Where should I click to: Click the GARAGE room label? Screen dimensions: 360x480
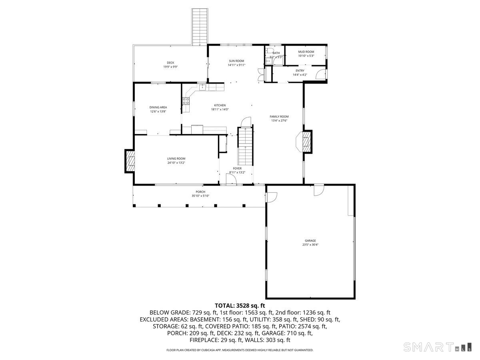point(310,241)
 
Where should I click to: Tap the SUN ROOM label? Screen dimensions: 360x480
point(236,61)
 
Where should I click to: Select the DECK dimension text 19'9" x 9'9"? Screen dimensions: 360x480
point(170,67)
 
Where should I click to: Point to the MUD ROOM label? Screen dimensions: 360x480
point(306,52)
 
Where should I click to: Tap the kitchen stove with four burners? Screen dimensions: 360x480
point(186,101)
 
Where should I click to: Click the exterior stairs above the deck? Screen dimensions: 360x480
point(199,26)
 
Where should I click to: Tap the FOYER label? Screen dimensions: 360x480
point(237,168)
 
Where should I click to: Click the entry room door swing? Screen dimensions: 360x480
point(320,74)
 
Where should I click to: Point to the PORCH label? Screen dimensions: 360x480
point(200,192)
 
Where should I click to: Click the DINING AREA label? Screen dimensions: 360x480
point(158,107)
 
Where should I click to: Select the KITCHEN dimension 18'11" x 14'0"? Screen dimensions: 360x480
point(220,110)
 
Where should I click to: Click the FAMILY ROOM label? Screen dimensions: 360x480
point(279,116)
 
